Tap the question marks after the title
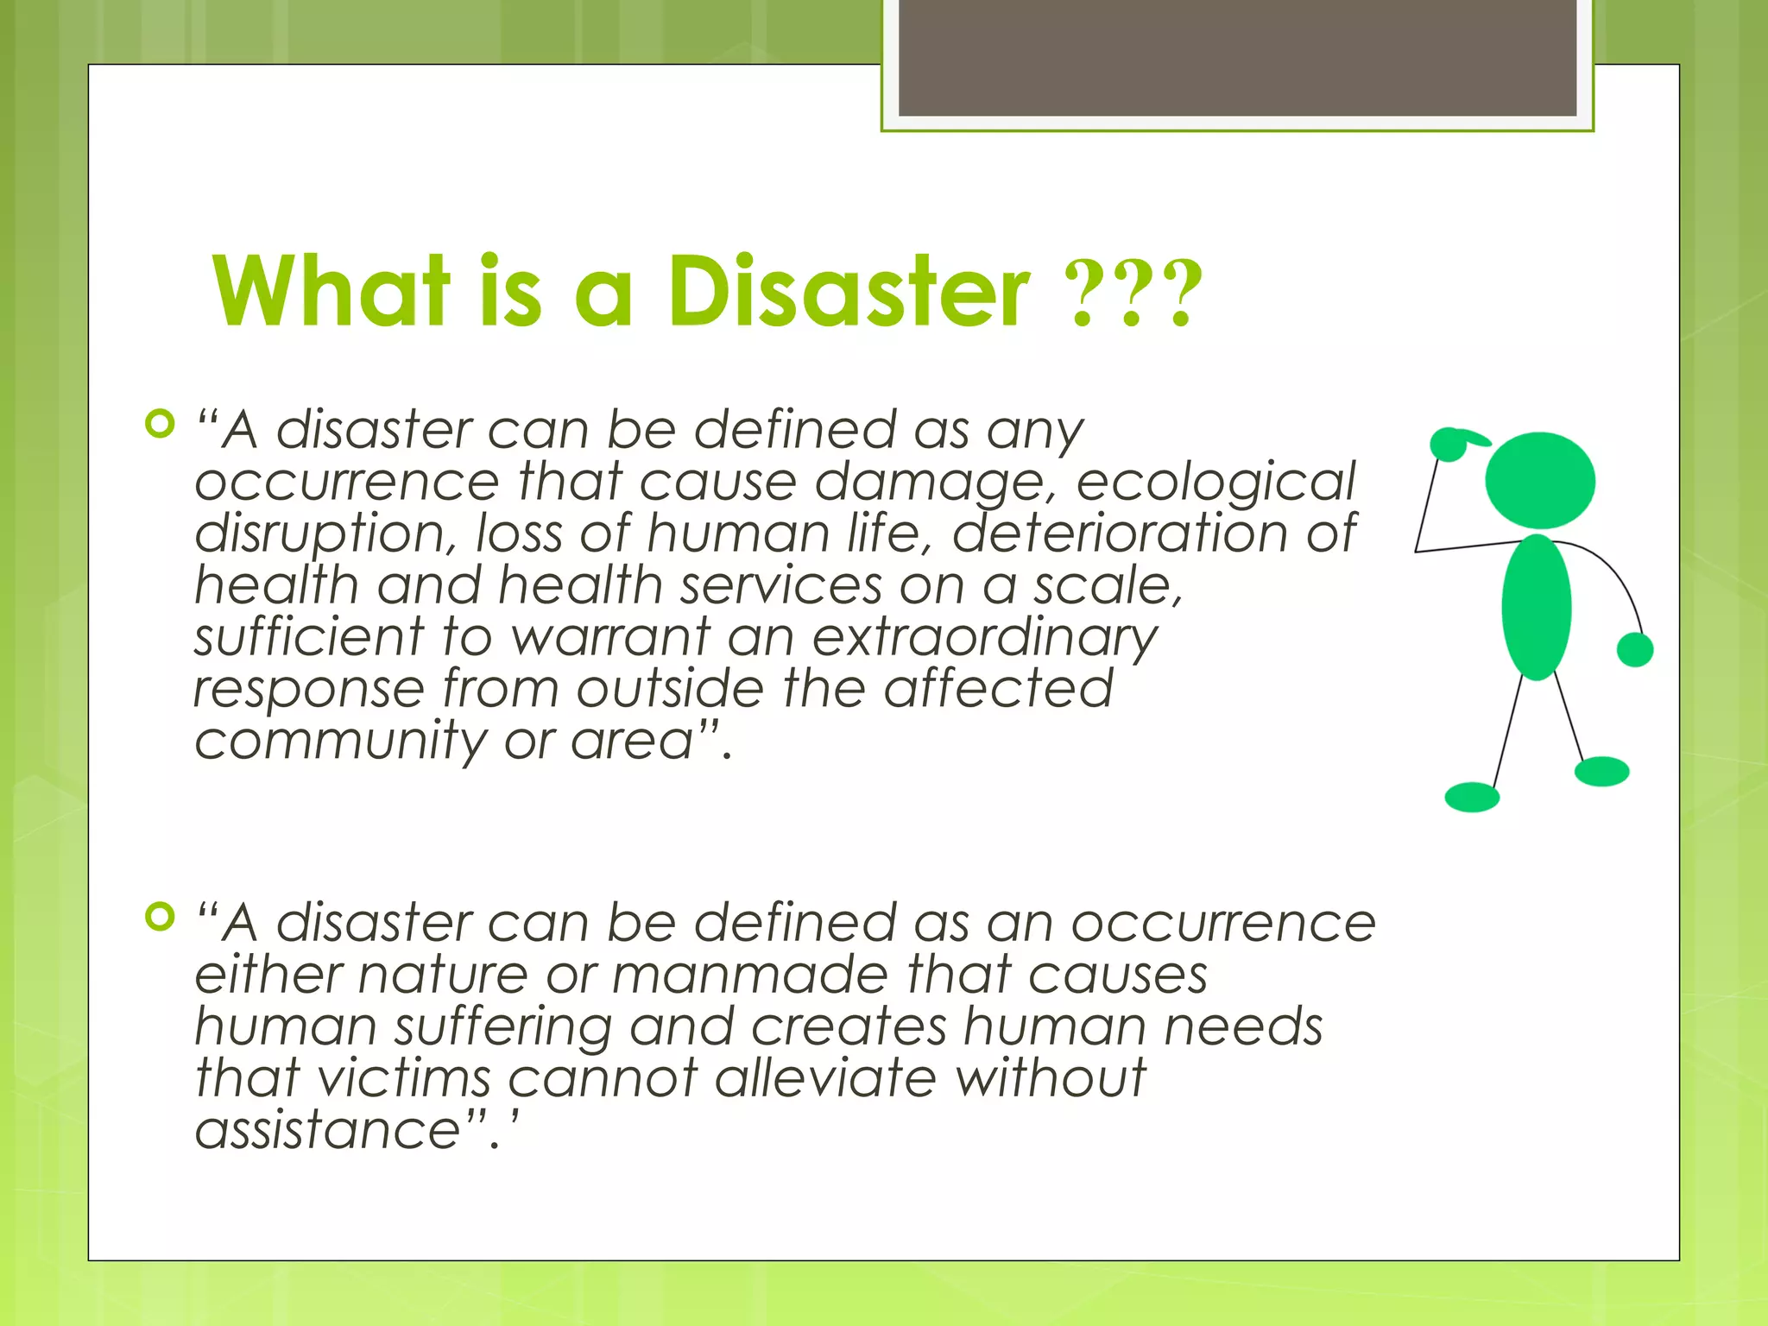(x=1134, y=295)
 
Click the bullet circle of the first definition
(x=160, y=424)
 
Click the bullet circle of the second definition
(x=160, y=917)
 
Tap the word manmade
(x=749, y=976)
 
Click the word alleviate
(x=825, y=1079)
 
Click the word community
(x=340, y=742)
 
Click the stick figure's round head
(x=1539, y=481)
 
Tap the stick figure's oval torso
(x=1536, y=607)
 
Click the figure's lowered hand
(x=1634, y=649)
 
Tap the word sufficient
(x=309, y=639)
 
